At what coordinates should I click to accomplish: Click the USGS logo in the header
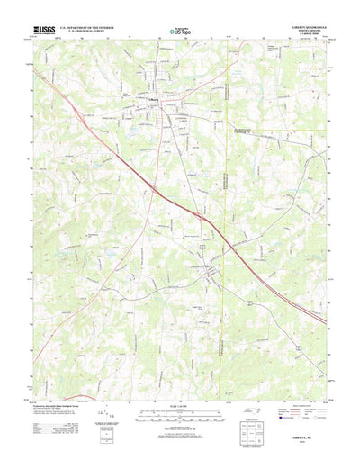42,29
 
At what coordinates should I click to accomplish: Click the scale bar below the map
179,410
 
